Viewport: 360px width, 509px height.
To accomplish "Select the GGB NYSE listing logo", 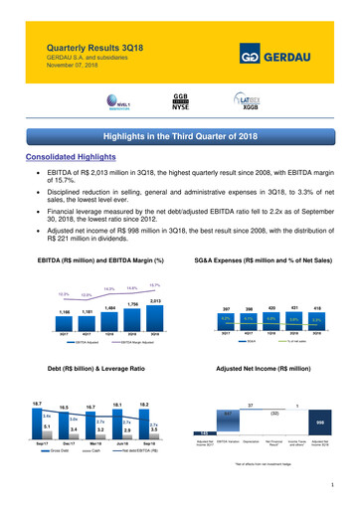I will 181,101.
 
